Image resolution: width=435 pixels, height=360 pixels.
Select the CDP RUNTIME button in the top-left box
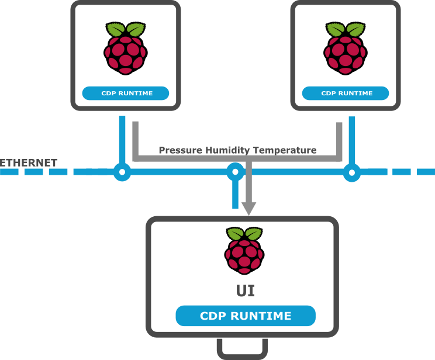click(126, 93)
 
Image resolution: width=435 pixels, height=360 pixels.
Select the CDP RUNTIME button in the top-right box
click(346, 93)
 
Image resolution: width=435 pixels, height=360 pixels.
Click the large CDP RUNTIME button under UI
click(246, 316)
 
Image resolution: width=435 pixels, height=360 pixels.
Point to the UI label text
click(245, 290)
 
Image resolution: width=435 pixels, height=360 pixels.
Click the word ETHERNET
click(29, 162)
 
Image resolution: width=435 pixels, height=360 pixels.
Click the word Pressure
click(180, 150)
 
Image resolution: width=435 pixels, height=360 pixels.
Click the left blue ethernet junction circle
click(122, 172)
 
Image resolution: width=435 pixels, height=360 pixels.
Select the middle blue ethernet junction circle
click(235, 172)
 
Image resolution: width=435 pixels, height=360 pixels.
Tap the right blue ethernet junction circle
click(351, 172)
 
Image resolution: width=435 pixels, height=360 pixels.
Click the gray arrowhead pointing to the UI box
click(249, 208)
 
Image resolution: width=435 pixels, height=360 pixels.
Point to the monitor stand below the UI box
click(243, 348)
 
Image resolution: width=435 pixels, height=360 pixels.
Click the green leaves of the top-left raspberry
click(125, 30)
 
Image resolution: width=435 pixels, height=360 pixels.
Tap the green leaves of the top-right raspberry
click(346, 30)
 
